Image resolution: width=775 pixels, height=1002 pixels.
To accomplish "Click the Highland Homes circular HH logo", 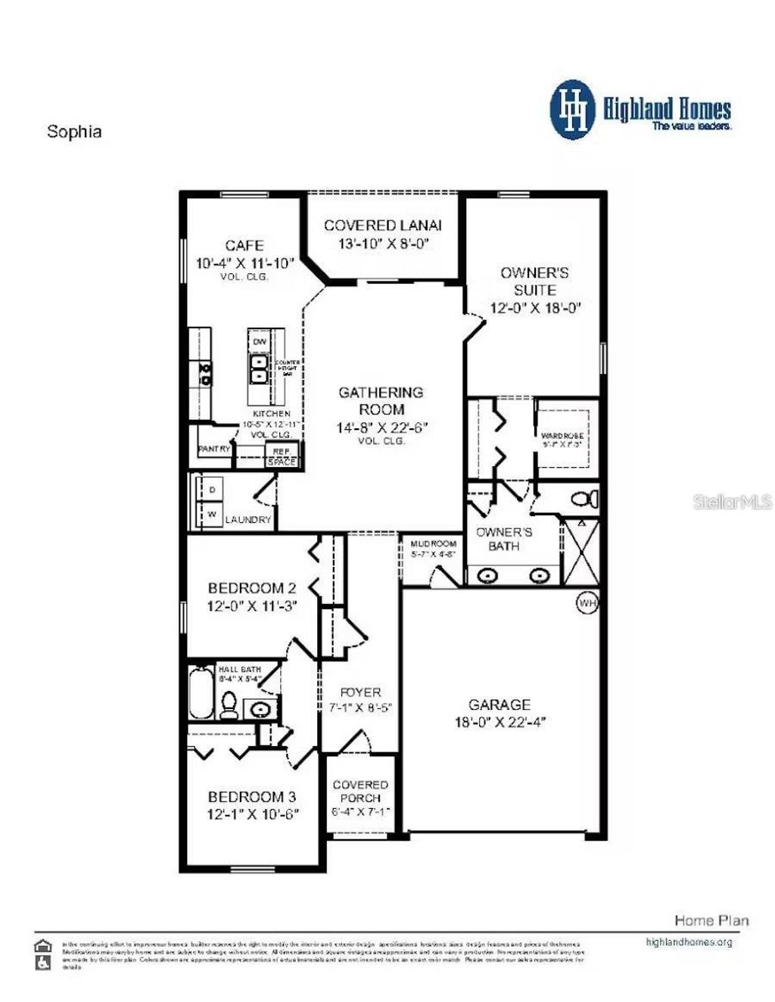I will pos(574,110).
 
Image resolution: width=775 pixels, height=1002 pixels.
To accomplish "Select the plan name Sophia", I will pos(74,131).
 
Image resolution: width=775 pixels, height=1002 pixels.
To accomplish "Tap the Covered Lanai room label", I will pos(382,226).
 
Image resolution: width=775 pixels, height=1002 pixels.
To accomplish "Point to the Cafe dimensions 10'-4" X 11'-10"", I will pos(245,263).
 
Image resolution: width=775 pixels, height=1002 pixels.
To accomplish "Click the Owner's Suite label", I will pos(534,281).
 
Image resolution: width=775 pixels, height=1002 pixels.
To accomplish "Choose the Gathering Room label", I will pos(381,400).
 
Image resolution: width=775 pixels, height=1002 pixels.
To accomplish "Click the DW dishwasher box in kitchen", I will pos(260,342).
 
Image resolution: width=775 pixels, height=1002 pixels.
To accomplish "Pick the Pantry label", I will pos(213,449).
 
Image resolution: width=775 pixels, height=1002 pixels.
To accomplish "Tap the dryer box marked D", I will pos(213,490).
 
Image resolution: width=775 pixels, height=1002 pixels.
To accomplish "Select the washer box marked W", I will pos(213,515).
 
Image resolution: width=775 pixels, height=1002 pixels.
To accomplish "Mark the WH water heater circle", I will pos(587,602).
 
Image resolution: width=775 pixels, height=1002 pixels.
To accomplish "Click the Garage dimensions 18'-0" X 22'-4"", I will pos(500,722).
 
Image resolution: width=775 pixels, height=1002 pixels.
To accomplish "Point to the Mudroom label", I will pos(434,543).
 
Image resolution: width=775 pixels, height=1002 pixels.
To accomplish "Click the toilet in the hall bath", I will pos(229,705).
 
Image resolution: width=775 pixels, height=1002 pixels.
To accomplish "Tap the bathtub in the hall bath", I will pos(201,692).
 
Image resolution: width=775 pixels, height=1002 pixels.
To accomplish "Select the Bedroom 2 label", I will pos(251,588).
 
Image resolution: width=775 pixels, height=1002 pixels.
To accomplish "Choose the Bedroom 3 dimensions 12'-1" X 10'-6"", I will pos(253,814).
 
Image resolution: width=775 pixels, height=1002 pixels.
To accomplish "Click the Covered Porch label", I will pos(360,792).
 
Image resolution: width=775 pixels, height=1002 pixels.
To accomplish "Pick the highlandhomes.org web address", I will pos(689,942).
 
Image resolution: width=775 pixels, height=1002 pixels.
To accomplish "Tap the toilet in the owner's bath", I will pos(584,499).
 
